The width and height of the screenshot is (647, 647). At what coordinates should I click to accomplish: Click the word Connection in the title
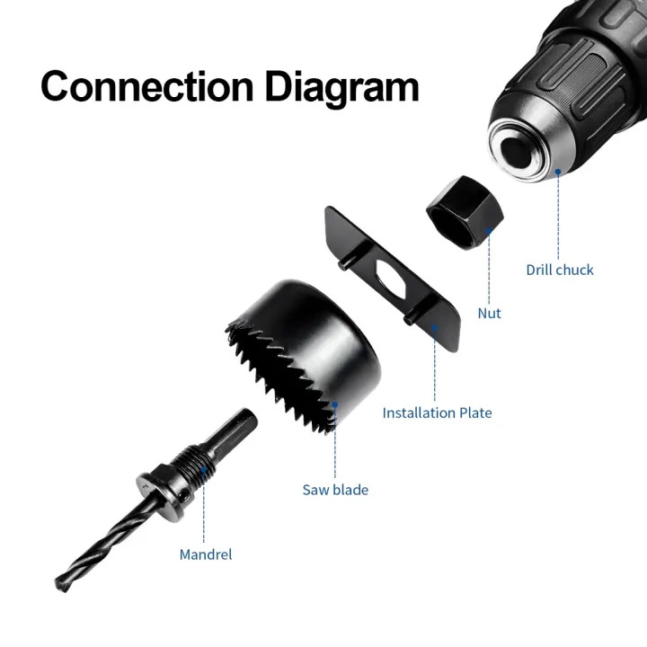(146, 86)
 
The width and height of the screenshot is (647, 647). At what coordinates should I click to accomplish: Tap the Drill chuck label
(559, 270)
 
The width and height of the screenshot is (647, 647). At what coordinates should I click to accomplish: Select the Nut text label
(490, 314)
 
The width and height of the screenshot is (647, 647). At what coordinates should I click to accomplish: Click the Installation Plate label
(437, 413)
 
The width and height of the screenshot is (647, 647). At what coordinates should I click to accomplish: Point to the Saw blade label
(335, 490)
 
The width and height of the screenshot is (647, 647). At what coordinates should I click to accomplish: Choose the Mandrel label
(206, 554)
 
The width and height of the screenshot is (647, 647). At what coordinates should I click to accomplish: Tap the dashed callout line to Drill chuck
(558, 216)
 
